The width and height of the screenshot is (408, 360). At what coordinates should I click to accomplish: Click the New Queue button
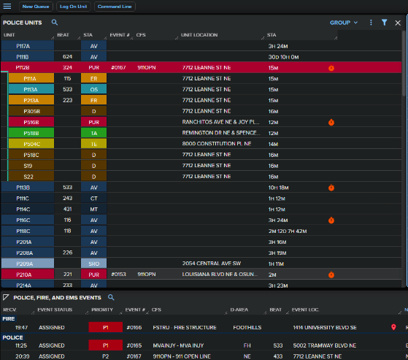(x=36, y=6)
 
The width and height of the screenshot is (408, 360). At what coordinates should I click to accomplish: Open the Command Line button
(x=115, y=6)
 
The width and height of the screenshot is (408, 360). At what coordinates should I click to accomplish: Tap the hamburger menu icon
(x=7, y=6)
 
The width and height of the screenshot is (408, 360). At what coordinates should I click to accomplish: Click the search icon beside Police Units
(x=54, y=23)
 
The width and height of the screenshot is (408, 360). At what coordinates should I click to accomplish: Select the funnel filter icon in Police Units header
(x=384, y=23)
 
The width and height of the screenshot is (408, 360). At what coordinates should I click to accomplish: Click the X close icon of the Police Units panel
(x=397, y=23)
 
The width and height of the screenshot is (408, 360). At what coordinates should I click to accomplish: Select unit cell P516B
(x=31, y=122)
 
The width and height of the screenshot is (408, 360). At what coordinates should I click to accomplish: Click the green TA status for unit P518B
(x=93, y=133)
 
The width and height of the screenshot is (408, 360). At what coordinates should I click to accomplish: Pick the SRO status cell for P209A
(x=93, y=263)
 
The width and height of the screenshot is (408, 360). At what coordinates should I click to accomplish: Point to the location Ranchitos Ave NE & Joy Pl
(x=220, y=122)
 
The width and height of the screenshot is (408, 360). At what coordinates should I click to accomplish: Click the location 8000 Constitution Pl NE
(x=216, y=144)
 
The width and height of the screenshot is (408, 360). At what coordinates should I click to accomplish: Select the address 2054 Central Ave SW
(x=209, y=263)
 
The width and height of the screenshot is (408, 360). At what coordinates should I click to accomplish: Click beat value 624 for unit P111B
(x=67, y=56)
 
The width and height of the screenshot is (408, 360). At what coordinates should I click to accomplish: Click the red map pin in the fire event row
(x=393, y=328)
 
